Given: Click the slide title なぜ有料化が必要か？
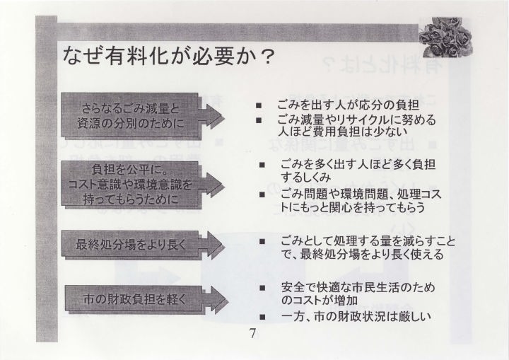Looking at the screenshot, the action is [x=168, y=56].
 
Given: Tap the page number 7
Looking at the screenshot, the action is [x=252, y=333].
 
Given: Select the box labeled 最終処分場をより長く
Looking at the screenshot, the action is [x=131, y=245].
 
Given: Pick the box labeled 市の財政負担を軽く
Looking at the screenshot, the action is [x=134, y=299].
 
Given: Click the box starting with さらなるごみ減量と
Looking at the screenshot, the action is [x=131, y=116].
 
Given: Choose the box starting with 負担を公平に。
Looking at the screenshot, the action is [x=131, y=184].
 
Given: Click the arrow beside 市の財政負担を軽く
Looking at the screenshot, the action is [x=216, y=300].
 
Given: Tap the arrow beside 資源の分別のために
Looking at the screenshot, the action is [x=211, y=116].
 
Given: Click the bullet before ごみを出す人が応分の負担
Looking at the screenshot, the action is [x=259, y=105].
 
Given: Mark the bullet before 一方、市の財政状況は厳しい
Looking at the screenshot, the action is [x=262, y=317].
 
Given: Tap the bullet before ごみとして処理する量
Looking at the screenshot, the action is [x=262, y=241].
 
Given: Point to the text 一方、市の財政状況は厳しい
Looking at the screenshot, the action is [x=356, y=316].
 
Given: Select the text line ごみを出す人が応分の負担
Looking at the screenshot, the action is [x=348, y=105].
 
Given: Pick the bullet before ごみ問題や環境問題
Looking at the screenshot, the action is [x=262, y=195].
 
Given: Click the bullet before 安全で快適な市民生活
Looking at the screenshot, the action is [x=262, y=288].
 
